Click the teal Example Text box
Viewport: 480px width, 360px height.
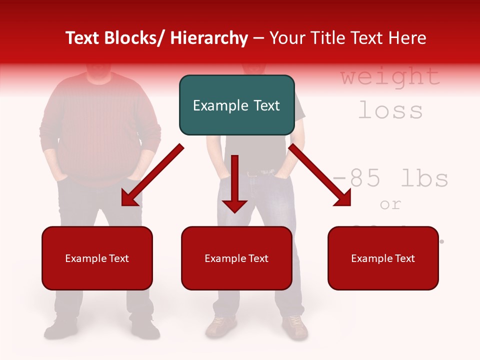(236, 105)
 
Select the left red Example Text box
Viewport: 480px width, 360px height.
(97, 258)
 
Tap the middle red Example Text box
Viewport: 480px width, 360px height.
(236, 258)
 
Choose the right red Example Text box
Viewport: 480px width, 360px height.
(383, 258)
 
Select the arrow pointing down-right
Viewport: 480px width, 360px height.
(320, 175)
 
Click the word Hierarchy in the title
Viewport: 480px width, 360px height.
(208, 38)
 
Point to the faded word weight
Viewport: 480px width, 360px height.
(390, 76)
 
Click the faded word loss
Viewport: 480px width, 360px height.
(390, 110)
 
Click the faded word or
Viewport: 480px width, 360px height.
(390, 204)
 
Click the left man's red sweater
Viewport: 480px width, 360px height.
(100, 125)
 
